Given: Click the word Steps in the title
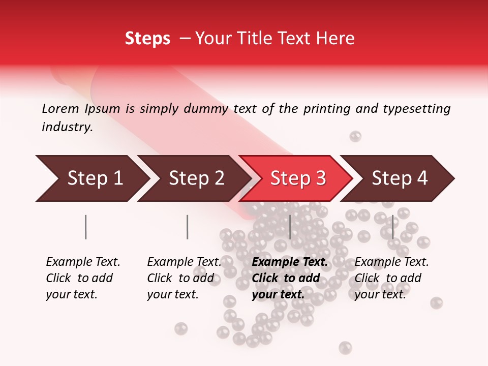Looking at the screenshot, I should coord(147,39).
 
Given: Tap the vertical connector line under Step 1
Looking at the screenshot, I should coord(86,227).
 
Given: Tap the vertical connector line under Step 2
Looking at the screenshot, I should coord(188,227).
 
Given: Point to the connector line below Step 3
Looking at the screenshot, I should coord(290,227).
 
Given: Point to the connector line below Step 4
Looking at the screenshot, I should coord(392,227).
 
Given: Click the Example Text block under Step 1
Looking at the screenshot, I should coord(83,278).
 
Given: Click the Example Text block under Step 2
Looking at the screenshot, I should coord(184,278).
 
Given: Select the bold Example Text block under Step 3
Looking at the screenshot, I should coord(289,278).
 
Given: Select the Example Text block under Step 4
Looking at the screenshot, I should coord(391,278).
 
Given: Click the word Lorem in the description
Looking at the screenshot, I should coord(60,109).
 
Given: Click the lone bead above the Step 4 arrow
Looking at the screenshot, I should coord(355,136).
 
